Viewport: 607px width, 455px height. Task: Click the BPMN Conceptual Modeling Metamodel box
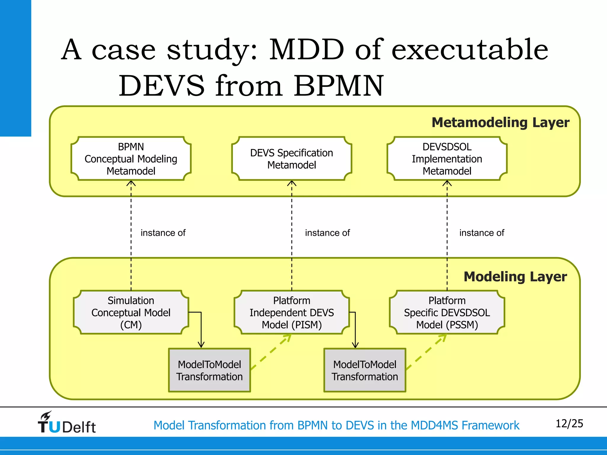pos(131,159)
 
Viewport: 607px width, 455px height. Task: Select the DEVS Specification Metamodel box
pos(292,159)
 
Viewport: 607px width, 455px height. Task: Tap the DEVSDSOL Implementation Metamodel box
pos(447,159)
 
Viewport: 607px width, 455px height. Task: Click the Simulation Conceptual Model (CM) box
pos(131,313)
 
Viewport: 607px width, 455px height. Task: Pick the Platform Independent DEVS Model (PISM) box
pos(292,313)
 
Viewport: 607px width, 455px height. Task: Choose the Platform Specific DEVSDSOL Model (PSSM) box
pos(447,313)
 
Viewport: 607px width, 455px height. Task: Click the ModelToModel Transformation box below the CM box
pos(210,370)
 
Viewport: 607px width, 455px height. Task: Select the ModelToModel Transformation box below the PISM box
pos(365,370)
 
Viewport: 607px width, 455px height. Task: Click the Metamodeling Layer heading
pos(500,122)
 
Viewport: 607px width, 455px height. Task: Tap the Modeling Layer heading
pos(515,277)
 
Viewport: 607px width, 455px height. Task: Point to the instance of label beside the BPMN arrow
pos(163,233)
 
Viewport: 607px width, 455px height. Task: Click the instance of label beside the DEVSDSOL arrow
pos(482,233)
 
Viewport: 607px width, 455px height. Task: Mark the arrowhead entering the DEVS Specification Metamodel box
pos(292,183)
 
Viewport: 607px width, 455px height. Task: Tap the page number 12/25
pos(569,424)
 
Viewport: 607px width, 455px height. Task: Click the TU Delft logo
pos(67,423)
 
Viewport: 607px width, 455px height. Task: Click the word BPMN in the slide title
pos(339,86)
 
